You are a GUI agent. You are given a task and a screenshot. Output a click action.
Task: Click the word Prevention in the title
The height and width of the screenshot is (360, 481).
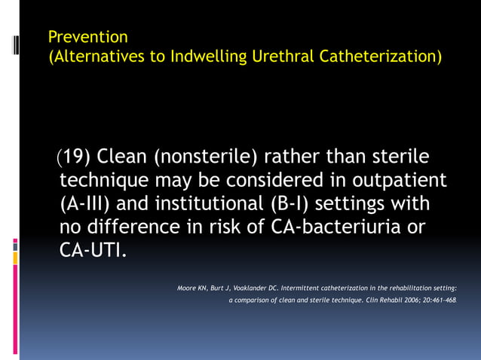87,37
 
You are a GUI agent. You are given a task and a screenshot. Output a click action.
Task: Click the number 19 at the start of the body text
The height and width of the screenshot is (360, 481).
73,157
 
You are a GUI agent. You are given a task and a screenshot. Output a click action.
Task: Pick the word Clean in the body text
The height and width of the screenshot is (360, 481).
121,157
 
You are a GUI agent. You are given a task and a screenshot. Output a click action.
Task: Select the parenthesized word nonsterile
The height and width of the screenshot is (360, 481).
207,157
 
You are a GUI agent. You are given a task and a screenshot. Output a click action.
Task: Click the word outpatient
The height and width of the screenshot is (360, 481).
398,181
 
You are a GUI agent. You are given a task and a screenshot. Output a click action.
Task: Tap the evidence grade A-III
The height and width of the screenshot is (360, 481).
89,204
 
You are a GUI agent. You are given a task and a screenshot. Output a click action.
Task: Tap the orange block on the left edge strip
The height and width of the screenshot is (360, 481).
15,258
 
